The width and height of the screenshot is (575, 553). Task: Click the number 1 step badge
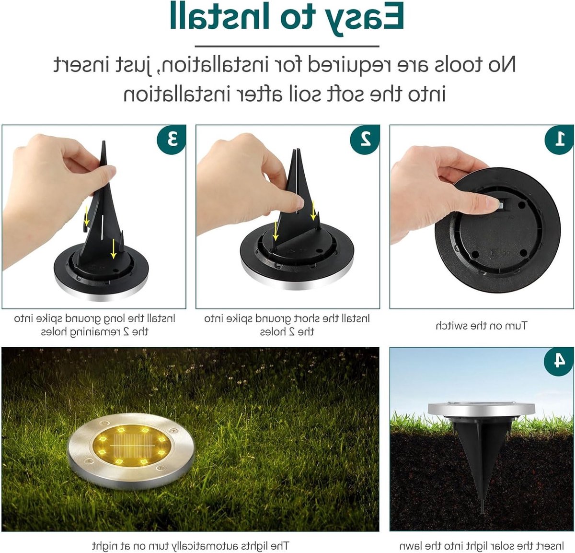(560, 139)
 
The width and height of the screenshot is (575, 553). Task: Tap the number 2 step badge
(365, 139)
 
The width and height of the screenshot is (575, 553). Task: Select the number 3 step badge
(172, 139)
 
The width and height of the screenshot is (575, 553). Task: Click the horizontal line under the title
(287, 47)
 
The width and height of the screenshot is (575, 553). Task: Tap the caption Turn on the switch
(482, 326)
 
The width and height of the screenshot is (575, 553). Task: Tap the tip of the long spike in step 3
(103, 141)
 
